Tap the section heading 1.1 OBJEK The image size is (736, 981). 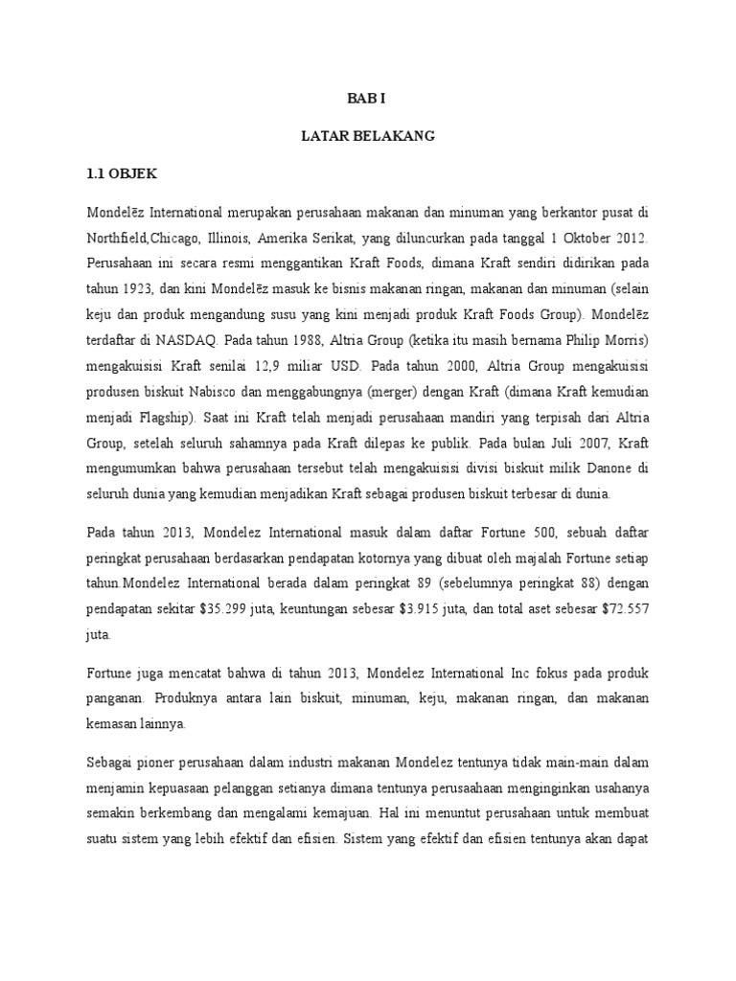122,174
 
